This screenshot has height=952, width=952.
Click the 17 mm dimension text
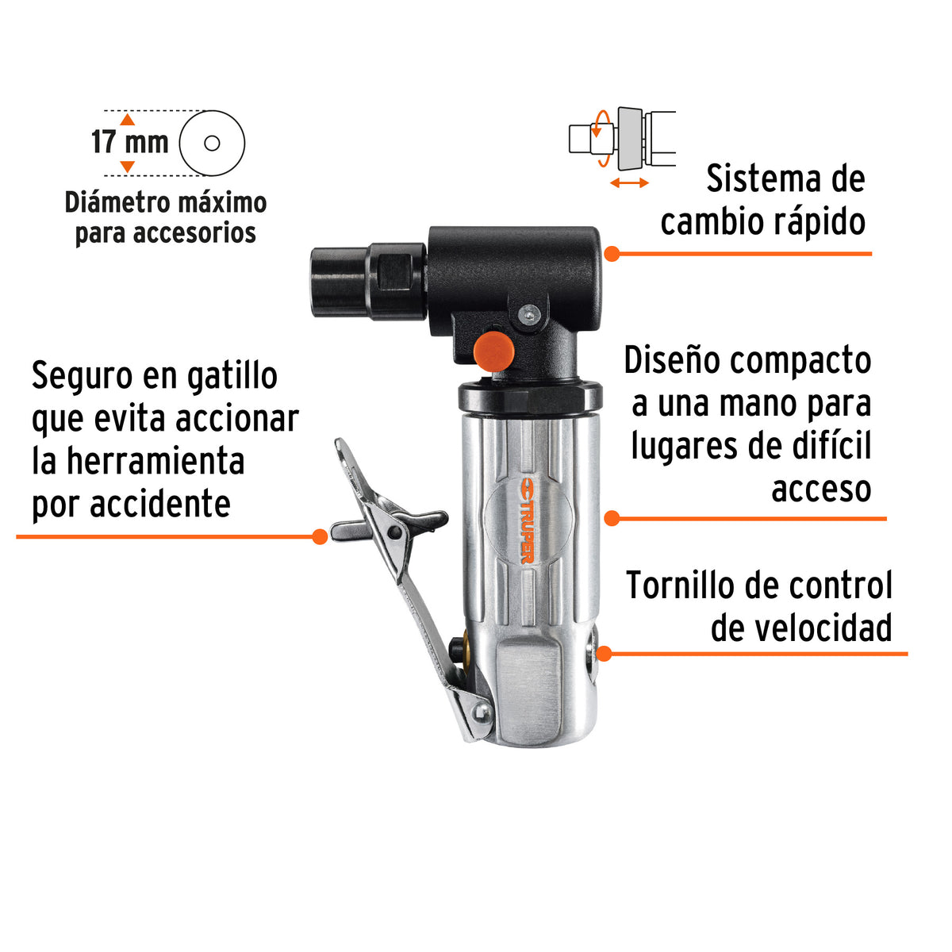pos(130,142)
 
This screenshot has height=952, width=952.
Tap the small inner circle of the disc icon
pos(212,144)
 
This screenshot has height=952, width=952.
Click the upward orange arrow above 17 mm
pos(128,120)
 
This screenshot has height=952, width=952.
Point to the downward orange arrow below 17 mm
pos(128,167)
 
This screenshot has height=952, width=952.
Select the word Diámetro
pos(117,202)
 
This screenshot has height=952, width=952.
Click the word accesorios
pos(194,232)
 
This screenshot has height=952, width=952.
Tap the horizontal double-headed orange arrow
pos(629,182)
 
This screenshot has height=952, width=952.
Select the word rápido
pos(819,222)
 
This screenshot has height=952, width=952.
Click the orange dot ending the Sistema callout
pos(612,254)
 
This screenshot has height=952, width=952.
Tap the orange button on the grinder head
pos(493,351)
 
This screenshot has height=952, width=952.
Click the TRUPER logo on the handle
pos(527,520)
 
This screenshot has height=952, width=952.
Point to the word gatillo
pos(232,378)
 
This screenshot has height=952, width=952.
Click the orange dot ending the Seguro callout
pos(320,536)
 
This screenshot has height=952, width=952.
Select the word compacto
pos(800,361)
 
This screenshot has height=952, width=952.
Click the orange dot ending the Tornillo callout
pos(605,654)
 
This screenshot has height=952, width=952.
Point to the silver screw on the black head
pos(530,313)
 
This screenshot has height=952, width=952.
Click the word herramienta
pos(155,461)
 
